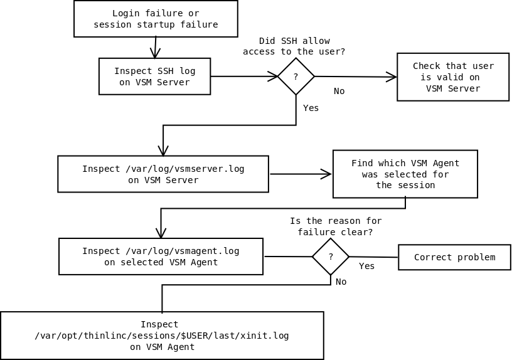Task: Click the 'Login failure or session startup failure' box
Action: click(156, 19)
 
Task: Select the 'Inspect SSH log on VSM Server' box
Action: click(154, 77)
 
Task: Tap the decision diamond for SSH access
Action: click(296, 77)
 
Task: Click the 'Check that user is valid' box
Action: click(452, 77)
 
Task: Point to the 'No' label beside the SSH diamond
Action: click(339, 92)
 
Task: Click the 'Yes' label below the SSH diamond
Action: click(311, 109)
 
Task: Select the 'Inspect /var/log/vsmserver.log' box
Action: click(163, 174)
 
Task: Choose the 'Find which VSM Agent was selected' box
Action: click(405, 174)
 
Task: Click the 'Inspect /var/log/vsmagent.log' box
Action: click(161, 257)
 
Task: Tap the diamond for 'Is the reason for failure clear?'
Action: click(330, 257)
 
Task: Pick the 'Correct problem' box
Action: click(454, 257)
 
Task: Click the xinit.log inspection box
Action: click(162, 336)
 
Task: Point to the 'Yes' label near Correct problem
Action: click(366, 267)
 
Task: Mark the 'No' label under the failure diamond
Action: click(341, 282)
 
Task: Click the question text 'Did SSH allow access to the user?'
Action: click(294, 46)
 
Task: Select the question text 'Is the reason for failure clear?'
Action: click(335, 226)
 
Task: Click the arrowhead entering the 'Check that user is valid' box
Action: click(392, 77)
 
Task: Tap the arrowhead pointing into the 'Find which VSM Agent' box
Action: click(327, 174)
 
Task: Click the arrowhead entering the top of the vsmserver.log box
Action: click(163, 151)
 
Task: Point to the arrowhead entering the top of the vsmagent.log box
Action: click(161, 233)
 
